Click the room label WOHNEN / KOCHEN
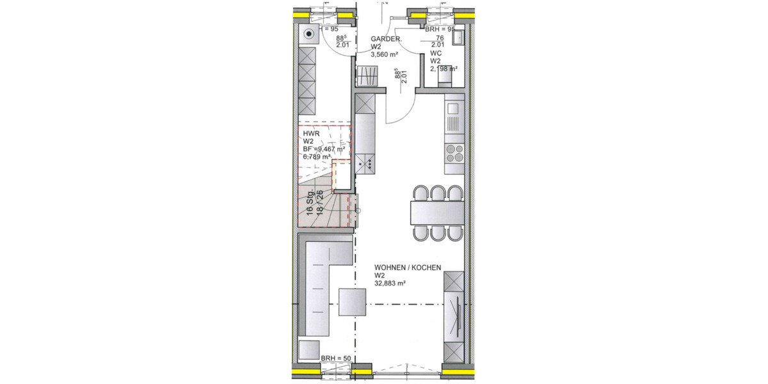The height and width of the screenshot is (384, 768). click(408, 268)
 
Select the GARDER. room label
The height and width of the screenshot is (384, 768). click(386, 39)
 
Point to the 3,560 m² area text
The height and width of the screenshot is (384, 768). click(385, 55)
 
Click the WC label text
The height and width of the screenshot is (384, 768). click(435, 53)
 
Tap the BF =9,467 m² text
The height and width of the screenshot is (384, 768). click(324, 148)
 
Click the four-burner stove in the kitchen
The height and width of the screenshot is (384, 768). click(454, 154)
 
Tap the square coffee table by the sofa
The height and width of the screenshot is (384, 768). click(353, 303)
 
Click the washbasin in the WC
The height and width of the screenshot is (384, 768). click(458, 39)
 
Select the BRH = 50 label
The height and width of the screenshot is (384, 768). click(336, 358)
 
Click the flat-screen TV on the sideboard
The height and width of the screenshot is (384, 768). click(459, 316)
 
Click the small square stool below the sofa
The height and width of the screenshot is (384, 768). click(308, 350)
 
